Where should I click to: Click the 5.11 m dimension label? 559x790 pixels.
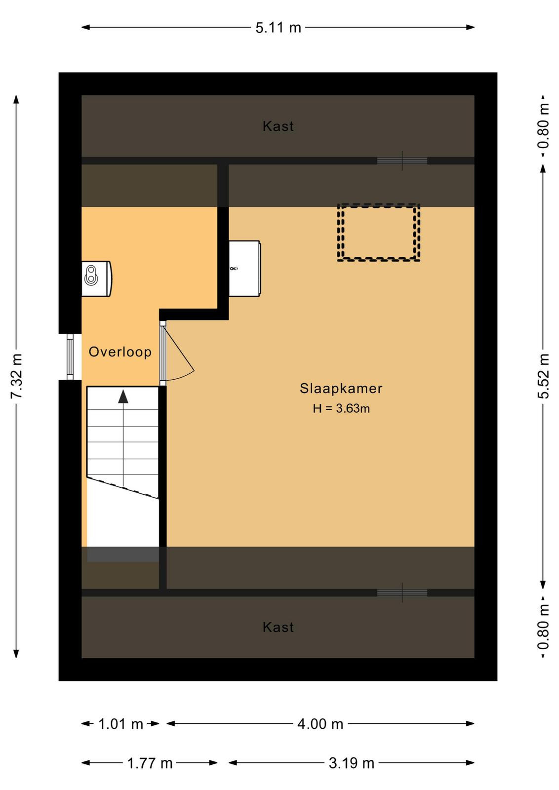pyautogui.click(x=279, y=28)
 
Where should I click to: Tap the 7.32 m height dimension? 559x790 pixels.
pyautogui.click(x=17, y=376)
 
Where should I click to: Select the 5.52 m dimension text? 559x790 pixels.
pyautogui.click(x=544, y=376)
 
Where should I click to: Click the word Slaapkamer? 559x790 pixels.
pyautogui.click(x=341, y=388)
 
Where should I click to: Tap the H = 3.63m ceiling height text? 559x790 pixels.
pyautogui.click(x=341, y=408)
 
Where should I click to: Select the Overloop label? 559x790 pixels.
pyautogui.click(x=120, y=352)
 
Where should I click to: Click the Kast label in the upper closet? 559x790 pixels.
pyautogui.click(x=279, y=126)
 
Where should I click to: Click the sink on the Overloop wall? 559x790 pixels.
pyautogui.click(x=97, y=278)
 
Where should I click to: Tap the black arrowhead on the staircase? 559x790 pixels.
pyautogui.click(x=123, y=396)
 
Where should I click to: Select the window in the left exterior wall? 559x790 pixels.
pyautogui.click(x=70, y=357)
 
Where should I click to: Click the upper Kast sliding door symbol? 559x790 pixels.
pyautogui.click(x=402, y=161)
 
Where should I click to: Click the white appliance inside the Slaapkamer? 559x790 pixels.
pyautogui.click(x=245, y=269)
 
